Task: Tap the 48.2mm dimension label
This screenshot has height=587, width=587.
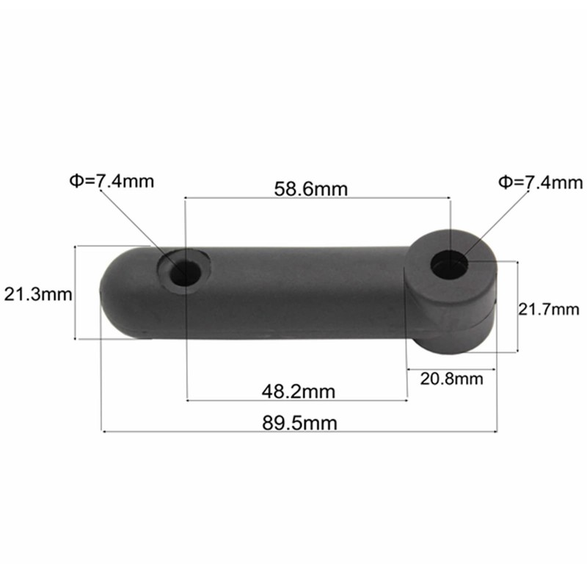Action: pyautogui.click(x=298, y=391)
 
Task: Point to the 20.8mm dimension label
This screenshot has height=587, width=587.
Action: pyautogui.click(x=451, y=379)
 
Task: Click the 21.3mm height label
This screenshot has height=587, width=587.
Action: pyautogui.click(x=37, y=295)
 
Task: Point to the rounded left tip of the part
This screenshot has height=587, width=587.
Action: pyautogui.click(x=106, y=293)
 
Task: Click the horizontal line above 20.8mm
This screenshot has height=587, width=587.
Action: pyautogui.click(x=451, y=369)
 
